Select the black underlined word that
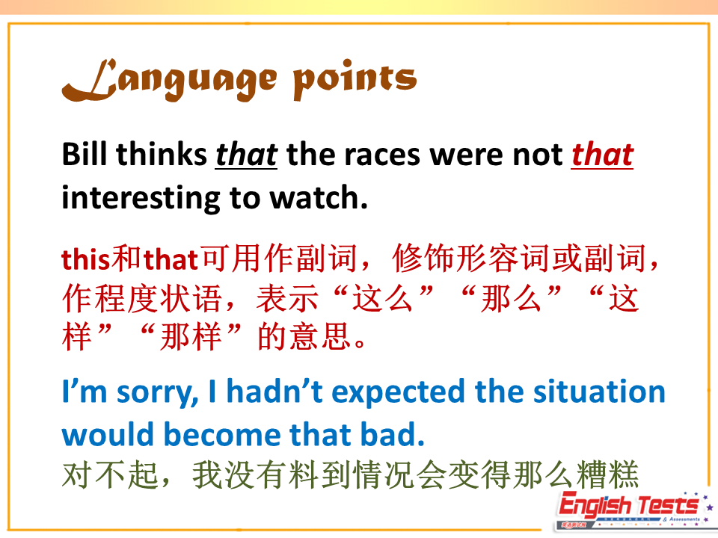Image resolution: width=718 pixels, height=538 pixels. [x=246, y=154]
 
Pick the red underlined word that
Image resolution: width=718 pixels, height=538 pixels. [x=602, y=154]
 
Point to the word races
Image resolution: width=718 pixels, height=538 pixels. [x=382, y=155]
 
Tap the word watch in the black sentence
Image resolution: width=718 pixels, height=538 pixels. [x=319, y=197]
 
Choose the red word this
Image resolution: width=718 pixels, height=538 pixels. [x=86, y=259]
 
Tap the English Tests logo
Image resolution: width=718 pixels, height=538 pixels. [x=634, y=510]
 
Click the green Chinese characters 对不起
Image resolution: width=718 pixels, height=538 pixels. [x=110, y=475]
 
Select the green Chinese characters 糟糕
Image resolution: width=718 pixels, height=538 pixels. [x=607, y=475]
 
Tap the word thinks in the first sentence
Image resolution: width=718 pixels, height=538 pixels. [x=162, y=154]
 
